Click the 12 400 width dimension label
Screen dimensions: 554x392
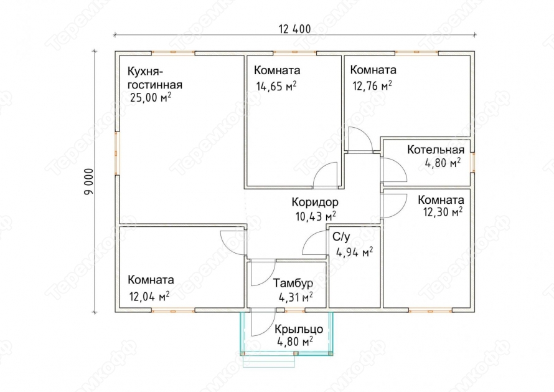coord(294,29)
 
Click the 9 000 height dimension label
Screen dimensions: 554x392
coord(89,181)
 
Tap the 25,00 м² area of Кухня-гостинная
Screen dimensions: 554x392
coord(151,97)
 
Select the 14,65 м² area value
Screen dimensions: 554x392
coord(276,86)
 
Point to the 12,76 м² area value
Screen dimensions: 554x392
coord(372,85)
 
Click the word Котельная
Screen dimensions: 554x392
coord(436,150)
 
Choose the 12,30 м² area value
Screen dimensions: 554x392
coord(443,213)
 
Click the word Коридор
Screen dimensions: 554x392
coord(315,203)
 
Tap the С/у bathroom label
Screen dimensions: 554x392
coord(341,237)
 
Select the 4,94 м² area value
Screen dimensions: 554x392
coord(354,252)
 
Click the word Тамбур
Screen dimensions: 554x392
coord(293,284)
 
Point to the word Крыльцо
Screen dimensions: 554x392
coord(299,330)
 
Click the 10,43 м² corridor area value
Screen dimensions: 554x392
coord(316,216)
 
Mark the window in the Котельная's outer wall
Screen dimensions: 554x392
coord(472,163)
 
